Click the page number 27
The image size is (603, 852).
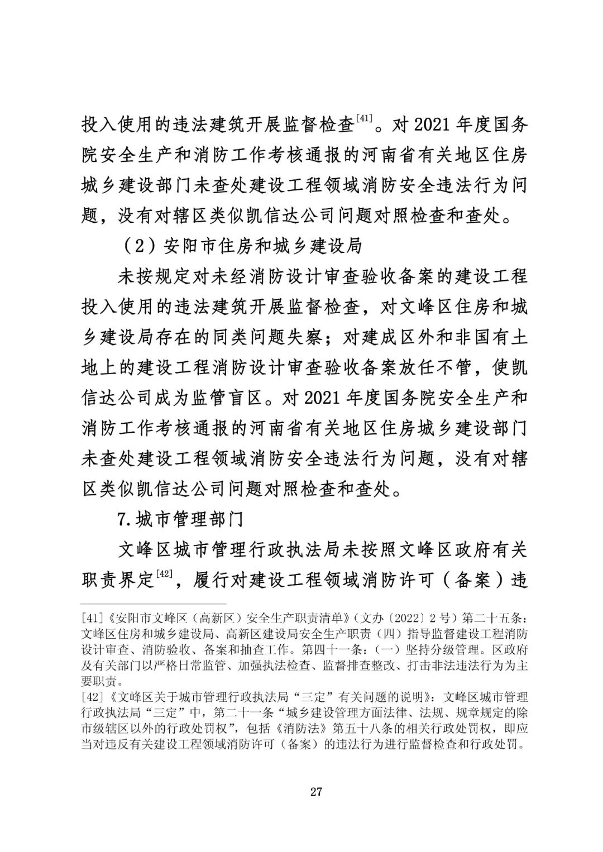pyautogui.click(x=316, y=791)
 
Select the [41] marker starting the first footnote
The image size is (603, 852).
pyautogui.click(x=91, y=619)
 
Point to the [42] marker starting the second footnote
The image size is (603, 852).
pyautogui.click(x=91, y=697)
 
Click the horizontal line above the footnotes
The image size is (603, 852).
pyautogui.click(x=154, y=604)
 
